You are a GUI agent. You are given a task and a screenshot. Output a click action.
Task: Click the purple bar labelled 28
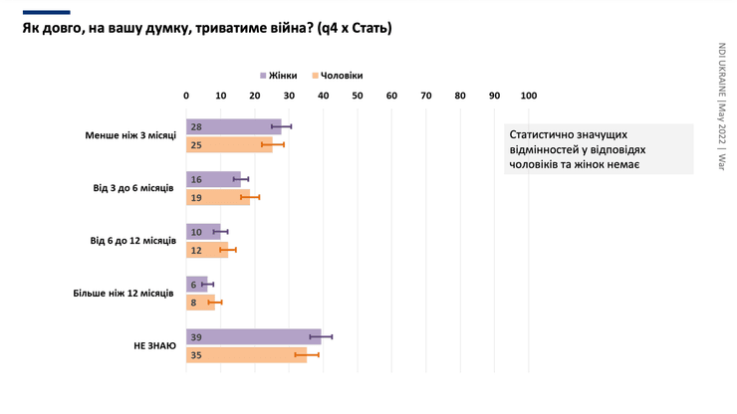coord(233,127)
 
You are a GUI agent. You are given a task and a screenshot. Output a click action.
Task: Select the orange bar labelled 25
coord(229,145)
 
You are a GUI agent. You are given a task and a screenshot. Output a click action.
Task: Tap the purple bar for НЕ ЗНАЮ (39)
coord(253,337)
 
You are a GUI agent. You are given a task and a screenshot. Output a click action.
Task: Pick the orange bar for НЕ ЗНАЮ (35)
coord(246,355)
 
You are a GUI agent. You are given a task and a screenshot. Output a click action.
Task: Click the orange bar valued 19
coord(218,198)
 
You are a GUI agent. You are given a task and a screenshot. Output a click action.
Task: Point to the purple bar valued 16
coord(213,180)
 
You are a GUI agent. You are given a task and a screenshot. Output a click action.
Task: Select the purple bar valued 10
coord(203,232)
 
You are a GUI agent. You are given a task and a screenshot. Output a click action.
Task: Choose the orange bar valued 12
coord(207,250)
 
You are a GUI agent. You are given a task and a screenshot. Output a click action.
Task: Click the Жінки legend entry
coord(279,76)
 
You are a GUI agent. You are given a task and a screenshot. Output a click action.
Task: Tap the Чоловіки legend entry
coord(338,76)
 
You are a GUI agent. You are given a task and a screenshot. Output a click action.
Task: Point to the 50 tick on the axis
coord(358,97)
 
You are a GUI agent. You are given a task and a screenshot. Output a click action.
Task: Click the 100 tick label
coord(529,97)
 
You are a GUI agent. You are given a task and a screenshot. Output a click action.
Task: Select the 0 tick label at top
coord(186,97)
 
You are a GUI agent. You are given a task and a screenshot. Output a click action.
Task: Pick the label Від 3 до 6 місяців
coord(131,188)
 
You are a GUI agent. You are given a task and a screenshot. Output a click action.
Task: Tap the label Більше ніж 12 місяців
coord(123,294)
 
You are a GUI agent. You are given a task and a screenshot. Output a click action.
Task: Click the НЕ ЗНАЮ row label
coord(154,346)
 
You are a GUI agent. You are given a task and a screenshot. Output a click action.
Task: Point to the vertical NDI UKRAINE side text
coord(721,105)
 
